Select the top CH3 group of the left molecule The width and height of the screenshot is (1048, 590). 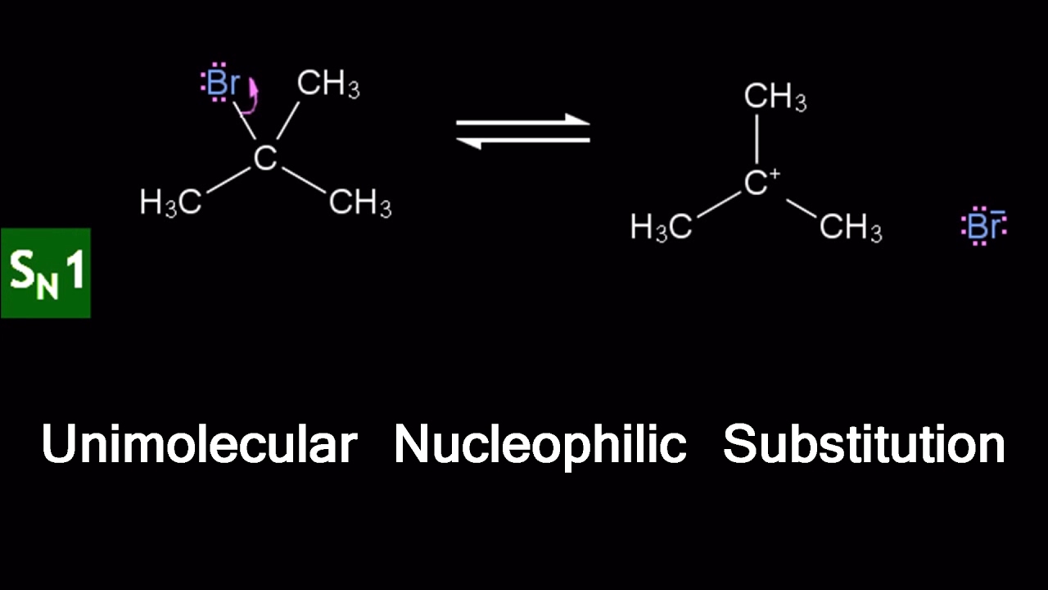[x=327, y=84]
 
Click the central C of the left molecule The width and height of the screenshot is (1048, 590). [x=264, y=158]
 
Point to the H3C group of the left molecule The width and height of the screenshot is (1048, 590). [x=170, y=202]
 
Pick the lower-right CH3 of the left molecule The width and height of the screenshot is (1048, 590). [x=359, y=202]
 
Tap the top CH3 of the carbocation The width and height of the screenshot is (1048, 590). [x=775, y=98]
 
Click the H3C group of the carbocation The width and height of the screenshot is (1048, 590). [x=661, y=227]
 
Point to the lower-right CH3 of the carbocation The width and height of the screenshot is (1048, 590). [x=851, y=227]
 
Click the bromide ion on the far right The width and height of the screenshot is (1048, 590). [x=983, y=226]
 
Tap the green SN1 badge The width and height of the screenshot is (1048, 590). [x=46, y=273]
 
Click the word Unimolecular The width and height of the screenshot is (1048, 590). [x=199, y=445]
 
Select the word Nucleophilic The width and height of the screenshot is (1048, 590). [x=540, y=445]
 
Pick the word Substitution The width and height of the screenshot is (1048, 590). [x=864, y=445]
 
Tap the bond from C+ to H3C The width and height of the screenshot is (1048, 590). [x=718, y=206]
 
